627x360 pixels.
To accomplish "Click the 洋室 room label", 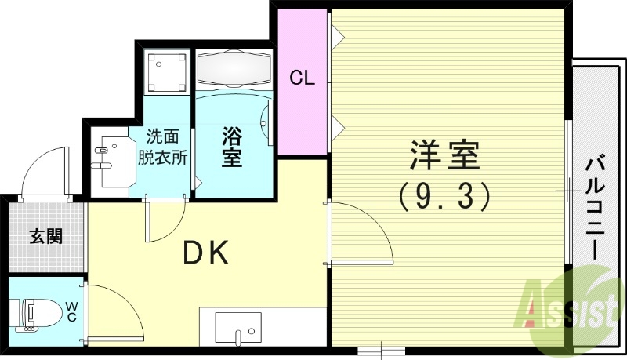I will click(444, 155).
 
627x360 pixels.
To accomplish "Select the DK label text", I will click(205, 253).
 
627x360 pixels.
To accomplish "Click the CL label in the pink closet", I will click(302, 78).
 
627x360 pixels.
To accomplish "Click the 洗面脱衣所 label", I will click(162, 145).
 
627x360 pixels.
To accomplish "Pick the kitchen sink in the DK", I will click(237, 327).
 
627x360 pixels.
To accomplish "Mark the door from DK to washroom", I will click(165, 220).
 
